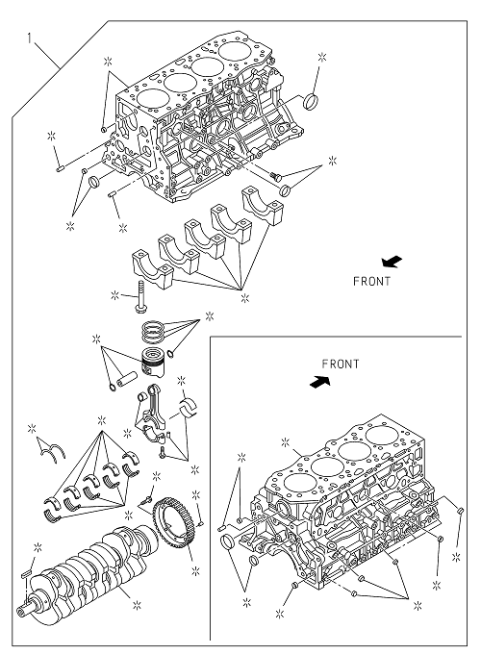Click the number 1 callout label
(x=29, y=38)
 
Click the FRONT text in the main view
(x=371, y=282)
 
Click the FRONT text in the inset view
(x=341, y=365)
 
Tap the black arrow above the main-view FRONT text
(x=392, y=262)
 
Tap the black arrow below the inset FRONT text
(x=320, y=381)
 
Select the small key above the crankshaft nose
(x=25, y=574)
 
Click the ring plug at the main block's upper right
(x=311, y=102)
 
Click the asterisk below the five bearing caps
(x=245, y=298)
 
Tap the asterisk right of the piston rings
(x=210, y=316)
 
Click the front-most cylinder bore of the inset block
(x=300, y=485)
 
